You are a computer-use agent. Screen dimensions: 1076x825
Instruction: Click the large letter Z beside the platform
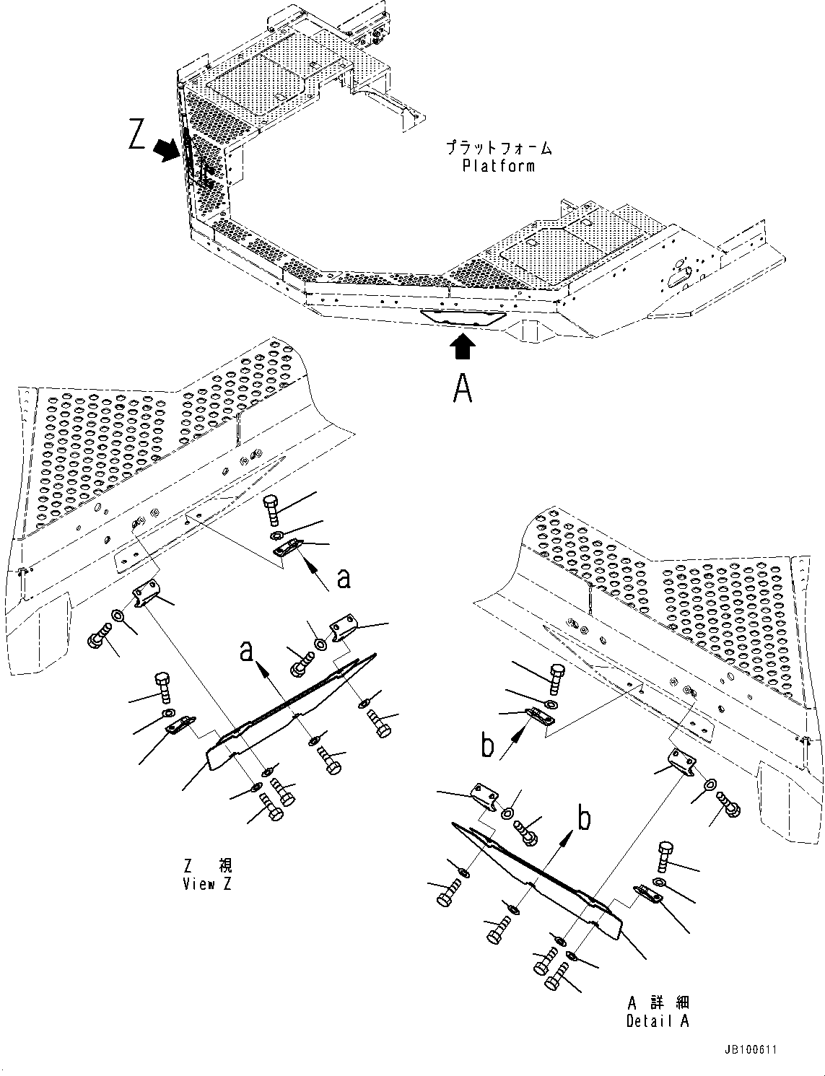pos(137,136)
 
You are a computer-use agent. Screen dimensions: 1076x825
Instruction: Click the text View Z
pos(208,884)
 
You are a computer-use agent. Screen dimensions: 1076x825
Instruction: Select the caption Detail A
pos(658,1020)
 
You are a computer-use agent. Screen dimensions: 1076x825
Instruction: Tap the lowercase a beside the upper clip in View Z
pos(344,578)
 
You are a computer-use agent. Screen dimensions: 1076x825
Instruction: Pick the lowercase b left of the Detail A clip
pos(489,746)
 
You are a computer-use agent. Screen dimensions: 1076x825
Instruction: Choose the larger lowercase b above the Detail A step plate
pos(583,818)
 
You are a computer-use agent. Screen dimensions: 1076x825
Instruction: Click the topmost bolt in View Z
pos(272,509)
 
